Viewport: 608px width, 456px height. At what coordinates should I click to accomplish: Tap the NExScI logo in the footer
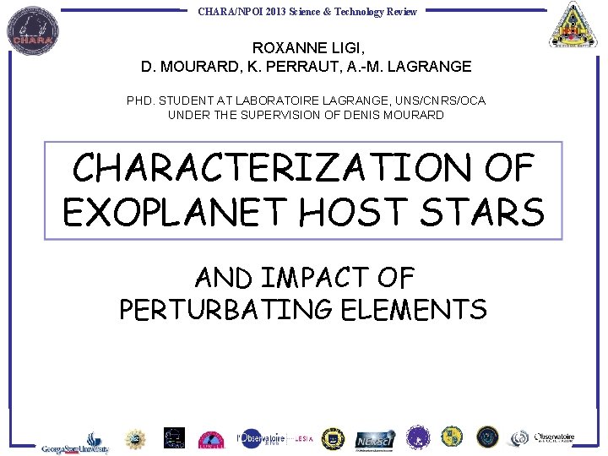372,440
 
